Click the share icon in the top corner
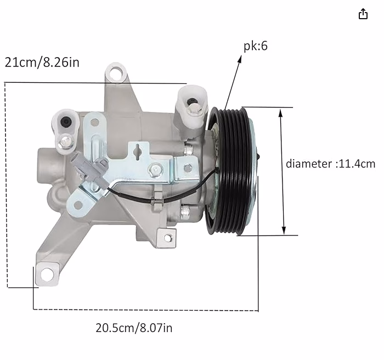click(363, 14)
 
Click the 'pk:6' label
click(256, 46)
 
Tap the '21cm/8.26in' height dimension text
click(42, 62)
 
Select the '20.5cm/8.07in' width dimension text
click(134, 328)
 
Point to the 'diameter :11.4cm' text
click(330, 164)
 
